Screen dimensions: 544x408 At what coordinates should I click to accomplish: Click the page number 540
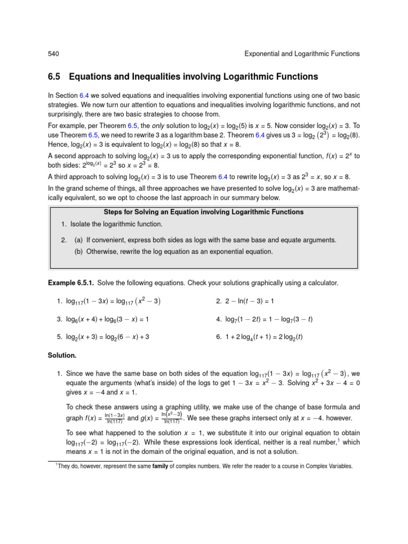pos(53,54)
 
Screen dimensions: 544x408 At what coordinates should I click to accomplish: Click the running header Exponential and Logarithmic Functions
pos(302,54)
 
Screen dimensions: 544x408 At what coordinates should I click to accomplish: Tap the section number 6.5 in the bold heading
pos(55,77)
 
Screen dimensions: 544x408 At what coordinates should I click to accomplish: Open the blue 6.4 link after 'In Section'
pos(84,95)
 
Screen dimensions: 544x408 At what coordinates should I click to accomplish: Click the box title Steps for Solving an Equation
pos(203,212)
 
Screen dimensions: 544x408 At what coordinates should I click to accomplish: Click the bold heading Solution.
pos(63,354)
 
